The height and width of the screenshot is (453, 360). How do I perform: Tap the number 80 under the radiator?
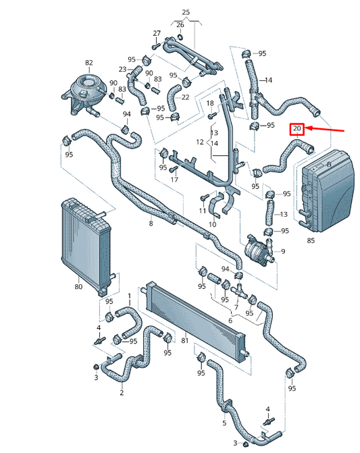[x=78, y=287]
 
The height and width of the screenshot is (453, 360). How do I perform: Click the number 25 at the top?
[x=186, y=12]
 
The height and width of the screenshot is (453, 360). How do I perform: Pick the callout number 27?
[x=157, y=33]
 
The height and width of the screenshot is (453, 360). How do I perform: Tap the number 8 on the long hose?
[x=151, y=223]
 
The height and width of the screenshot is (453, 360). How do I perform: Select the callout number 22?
[x=184, y=97]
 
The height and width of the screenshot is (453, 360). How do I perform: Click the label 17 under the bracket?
[x=174, y=180]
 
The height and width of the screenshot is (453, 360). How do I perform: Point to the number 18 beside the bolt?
[x=210, y=103]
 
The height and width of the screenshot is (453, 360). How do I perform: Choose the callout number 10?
[x=212, y=224]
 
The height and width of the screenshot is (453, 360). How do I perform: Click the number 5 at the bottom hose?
[x=224, y=423]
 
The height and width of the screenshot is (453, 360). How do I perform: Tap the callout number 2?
[x=121, y=392]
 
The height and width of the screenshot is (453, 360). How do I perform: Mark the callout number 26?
[x=180, y=25]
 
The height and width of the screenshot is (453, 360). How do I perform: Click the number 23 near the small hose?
[x=123, y=70]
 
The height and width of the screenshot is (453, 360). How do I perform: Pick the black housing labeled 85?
[x=328, y=190]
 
